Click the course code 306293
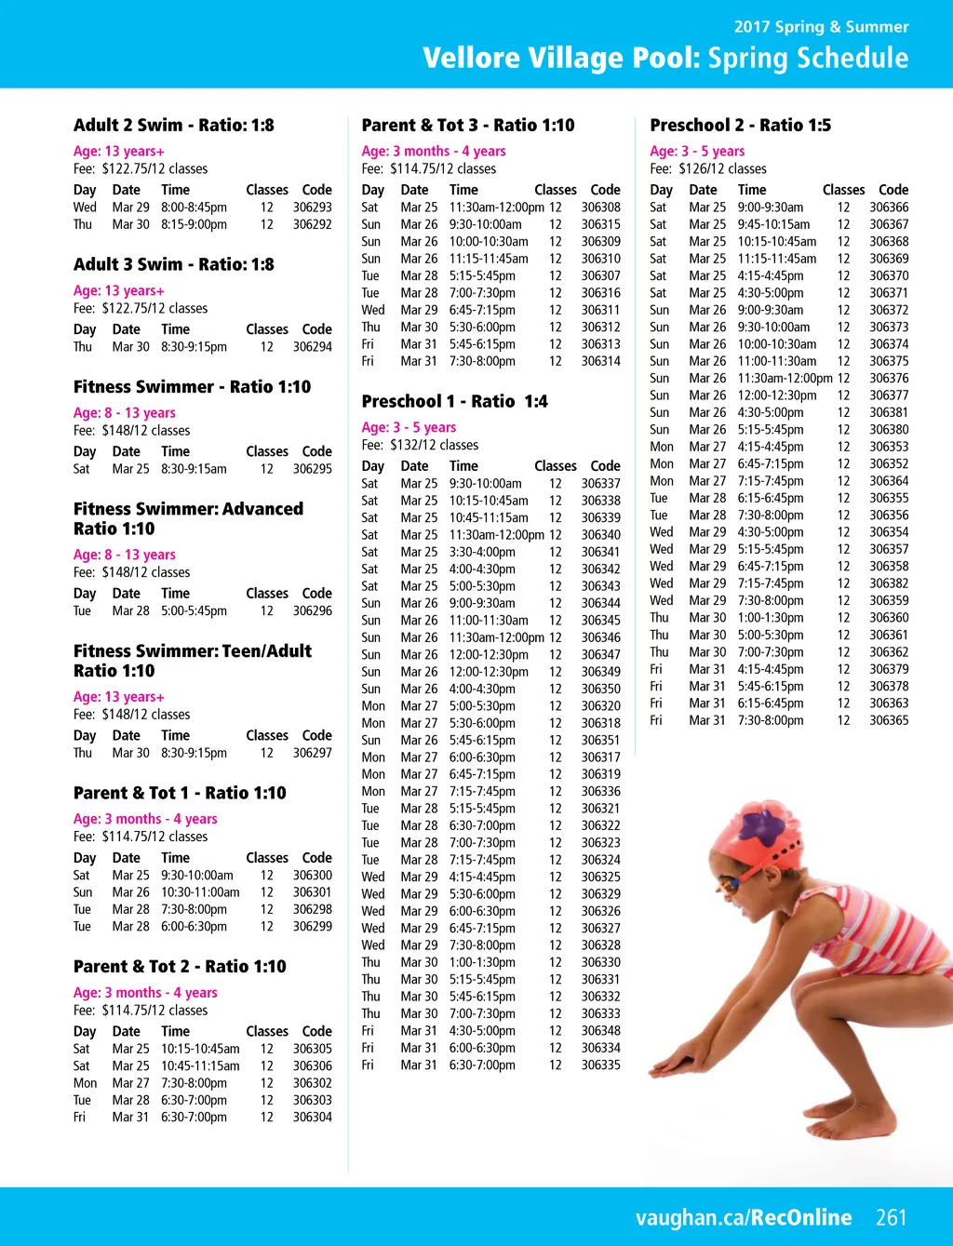point(312,208)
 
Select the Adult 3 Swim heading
point(173,264)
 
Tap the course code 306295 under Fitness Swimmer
point(312,469)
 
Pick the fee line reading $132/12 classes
point(420,445)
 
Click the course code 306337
point(600,484)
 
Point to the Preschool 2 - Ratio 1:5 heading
point(740,126)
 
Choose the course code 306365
point(889,720)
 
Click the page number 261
point(891,1217)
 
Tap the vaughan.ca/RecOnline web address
point(744,1217)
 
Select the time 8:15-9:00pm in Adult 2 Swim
point(194,224)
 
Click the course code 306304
point(312,1118)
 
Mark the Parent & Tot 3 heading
point(467,126)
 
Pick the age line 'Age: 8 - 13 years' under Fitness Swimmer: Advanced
point(124,555)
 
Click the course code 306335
point(600,1065)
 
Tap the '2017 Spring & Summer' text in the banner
point(821,27)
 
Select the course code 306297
point(312,753)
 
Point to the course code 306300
point(312,876)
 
